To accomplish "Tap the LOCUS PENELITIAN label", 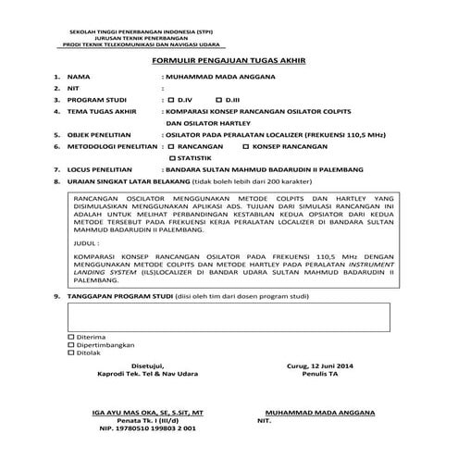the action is [100, 170].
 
